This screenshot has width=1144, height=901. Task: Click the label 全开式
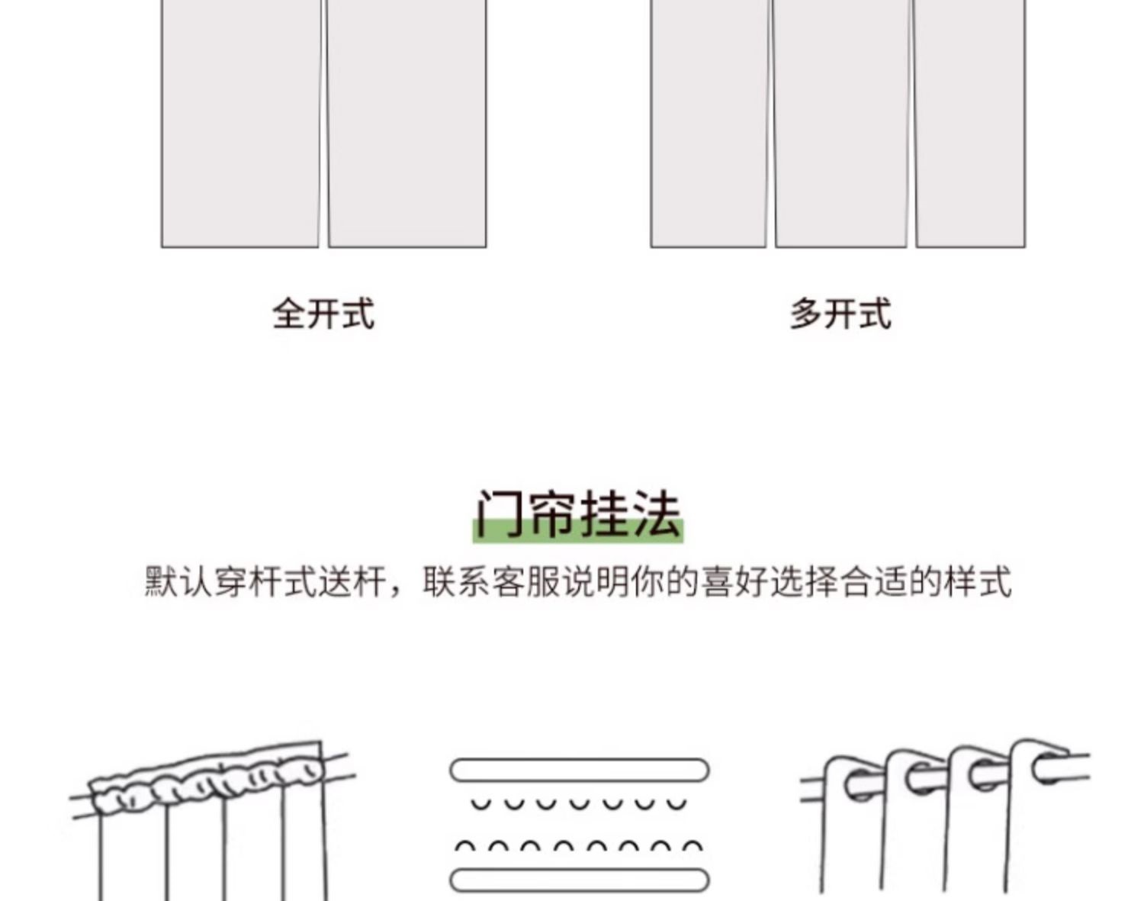(x=323, y=314)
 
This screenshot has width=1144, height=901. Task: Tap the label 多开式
(x=840, y=314)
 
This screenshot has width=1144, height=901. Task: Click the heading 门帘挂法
(x=578, y=515)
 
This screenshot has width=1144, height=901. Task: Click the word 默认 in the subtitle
(x=179, y=582)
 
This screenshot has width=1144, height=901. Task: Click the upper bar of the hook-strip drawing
(x=579, y=770)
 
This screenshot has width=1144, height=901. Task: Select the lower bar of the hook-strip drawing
(x=579, y=880)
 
